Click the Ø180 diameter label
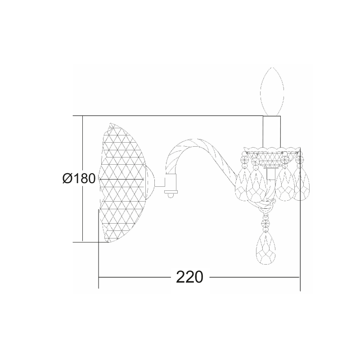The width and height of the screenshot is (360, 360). coord(79,178)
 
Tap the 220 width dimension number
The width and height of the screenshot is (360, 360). coord(189,277)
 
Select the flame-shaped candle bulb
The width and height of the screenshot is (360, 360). coord(273,91)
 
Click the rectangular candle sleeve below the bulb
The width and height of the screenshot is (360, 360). coord(272,131)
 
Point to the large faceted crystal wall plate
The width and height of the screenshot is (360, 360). coord(121,183)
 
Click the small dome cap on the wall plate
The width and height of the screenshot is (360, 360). coord(150,183)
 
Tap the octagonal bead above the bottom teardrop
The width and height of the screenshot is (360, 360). coord(266,222)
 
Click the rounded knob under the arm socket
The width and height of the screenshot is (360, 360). coord(171,195)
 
